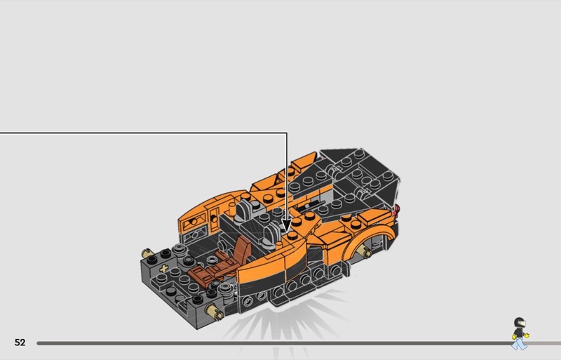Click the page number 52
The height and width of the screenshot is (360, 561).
click(20, 342)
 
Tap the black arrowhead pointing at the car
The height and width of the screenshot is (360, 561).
click(286, 225)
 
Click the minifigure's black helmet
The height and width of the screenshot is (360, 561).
click(519, 322)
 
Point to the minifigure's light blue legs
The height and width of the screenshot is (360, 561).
click(519, 345)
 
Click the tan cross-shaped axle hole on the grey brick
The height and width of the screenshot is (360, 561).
click(164, 268)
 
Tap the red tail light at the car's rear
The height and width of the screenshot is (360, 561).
click(395, 210)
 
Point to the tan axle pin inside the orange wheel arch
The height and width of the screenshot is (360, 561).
click(365, 253)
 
